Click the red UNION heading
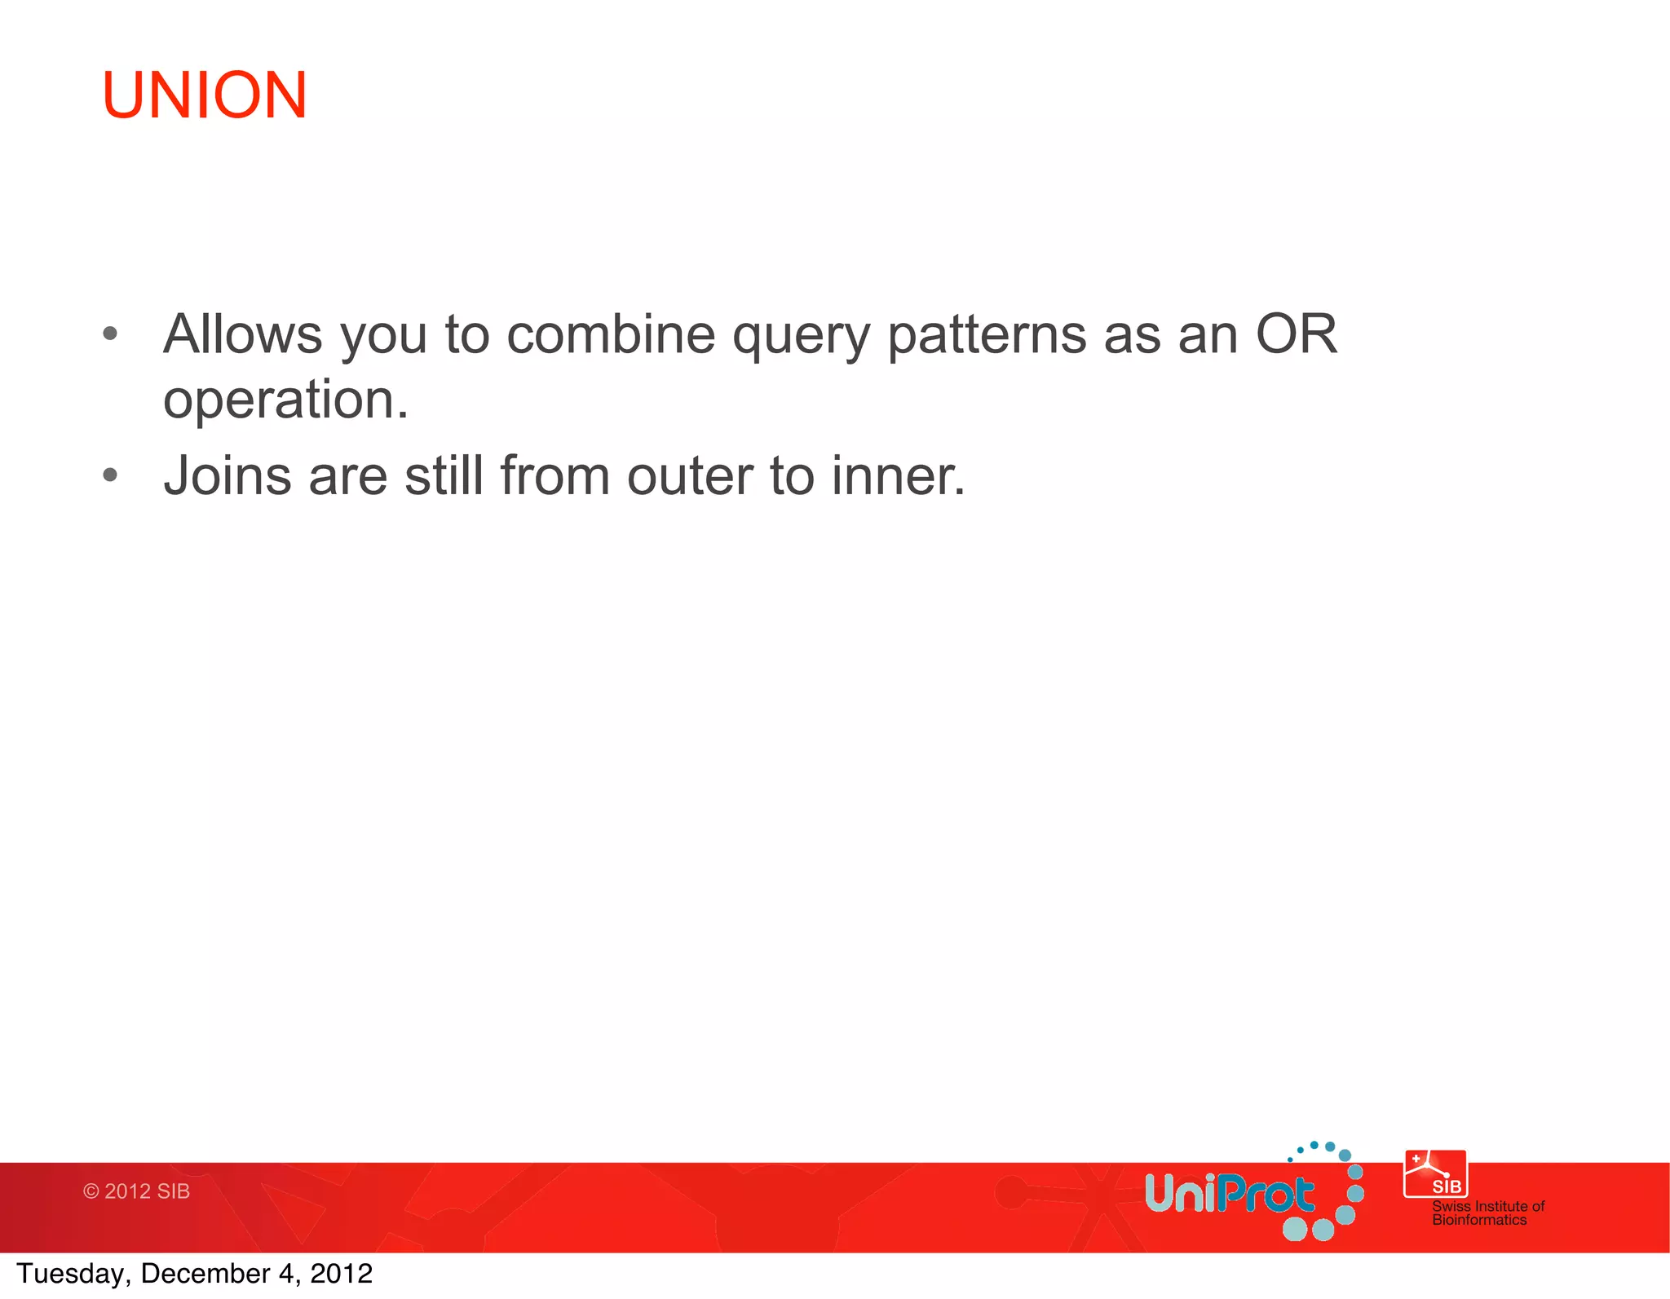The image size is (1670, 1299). [x=204, y=95]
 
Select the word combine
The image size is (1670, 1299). [x=611, y=334]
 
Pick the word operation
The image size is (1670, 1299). [x=285, y=400]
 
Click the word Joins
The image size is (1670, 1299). [x=227, y=475]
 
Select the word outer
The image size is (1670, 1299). [x=690, y=476]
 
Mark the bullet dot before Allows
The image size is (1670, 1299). [x=111, y=334]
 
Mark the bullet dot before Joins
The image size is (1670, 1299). [x=111, y=475]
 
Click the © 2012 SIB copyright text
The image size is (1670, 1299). [x=136, y=1191]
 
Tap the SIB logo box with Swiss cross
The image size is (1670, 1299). [x=1435, y=1173]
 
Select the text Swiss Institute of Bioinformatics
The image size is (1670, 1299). [x=1487, y=1213]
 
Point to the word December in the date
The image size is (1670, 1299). [x=205, y=1274]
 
